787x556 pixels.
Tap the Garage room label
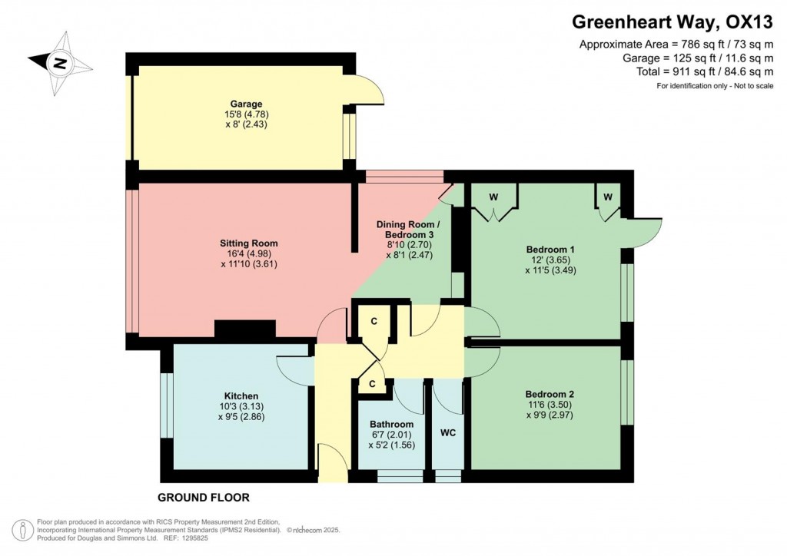point(246,104)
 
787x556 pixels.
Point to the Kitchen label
point(241,396)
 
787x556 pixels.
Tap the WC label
point(448,433)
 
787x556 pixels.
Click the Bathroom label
point(391,424)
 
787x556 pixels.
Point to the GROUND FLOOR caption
point(203,497)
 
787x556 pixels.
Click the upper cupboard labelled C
point(374,322)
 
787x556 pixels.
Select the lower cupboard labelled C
point(372,383)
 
